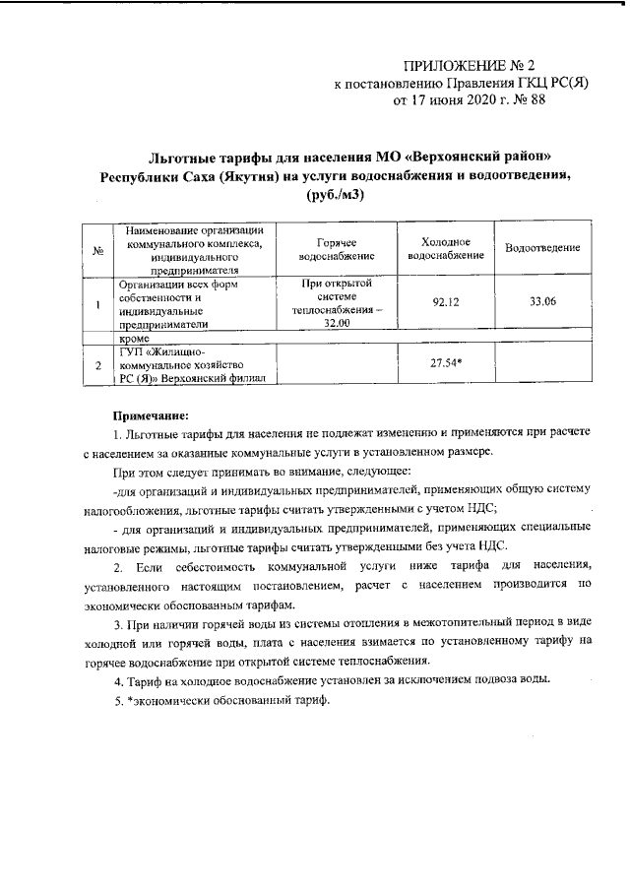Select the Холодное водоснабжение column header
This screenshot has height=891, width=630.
445,249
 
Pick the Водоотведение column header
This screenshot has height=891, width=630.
541,249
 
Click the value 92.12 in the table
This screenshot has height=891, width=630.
446,302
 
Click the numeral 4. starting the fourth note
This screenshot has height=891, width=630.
118,681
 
